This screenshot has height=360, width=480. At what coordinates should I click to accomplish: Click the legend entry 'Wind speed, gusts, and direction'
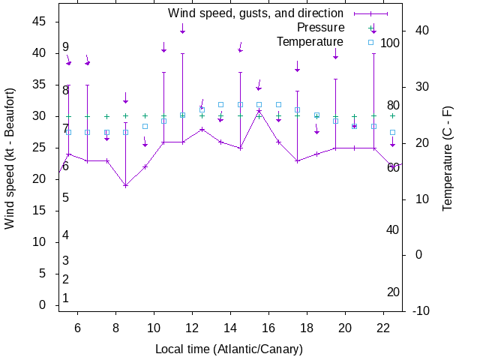255,13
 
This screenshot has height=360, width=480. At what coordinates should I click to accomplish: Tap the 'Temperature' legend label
310,41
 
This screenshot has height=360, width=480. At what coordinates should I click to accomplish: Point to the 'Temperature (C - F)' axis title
448,158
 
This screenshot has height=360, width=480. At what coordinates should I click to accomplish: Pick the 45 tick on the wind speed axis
38,22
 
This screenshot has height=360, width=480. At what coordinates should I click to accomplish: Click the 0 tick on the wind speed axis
42,305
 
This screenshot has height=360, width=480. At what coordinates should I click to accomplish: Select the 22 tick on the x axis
383,328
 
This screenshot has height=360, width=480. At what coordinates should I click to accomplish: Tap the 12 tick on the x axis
193,328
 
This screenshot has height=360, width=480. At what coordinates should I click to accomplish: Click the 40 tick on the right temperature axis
421,31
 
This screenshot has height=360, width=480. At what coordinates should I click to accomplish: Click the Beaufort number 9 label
66,47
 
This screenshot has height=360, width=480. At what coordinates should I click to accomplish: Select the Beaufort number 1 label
66,298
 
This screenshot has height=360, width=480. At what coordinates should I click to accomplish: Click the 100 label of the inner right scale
390,43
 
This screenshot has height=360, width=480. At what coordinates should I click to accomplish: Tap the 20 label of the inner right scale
393,292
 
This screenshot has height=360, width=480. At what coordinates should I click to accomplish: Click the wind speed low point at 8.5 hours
126,185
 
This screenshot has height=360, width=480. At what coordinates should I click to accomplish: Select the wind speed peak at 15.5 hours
259,111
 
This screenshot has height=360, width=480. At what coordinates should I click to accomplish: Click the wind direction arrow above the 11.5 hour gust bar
183,28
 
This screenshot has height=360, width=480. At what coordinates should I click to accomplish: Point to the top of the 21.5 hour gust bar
373,53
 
